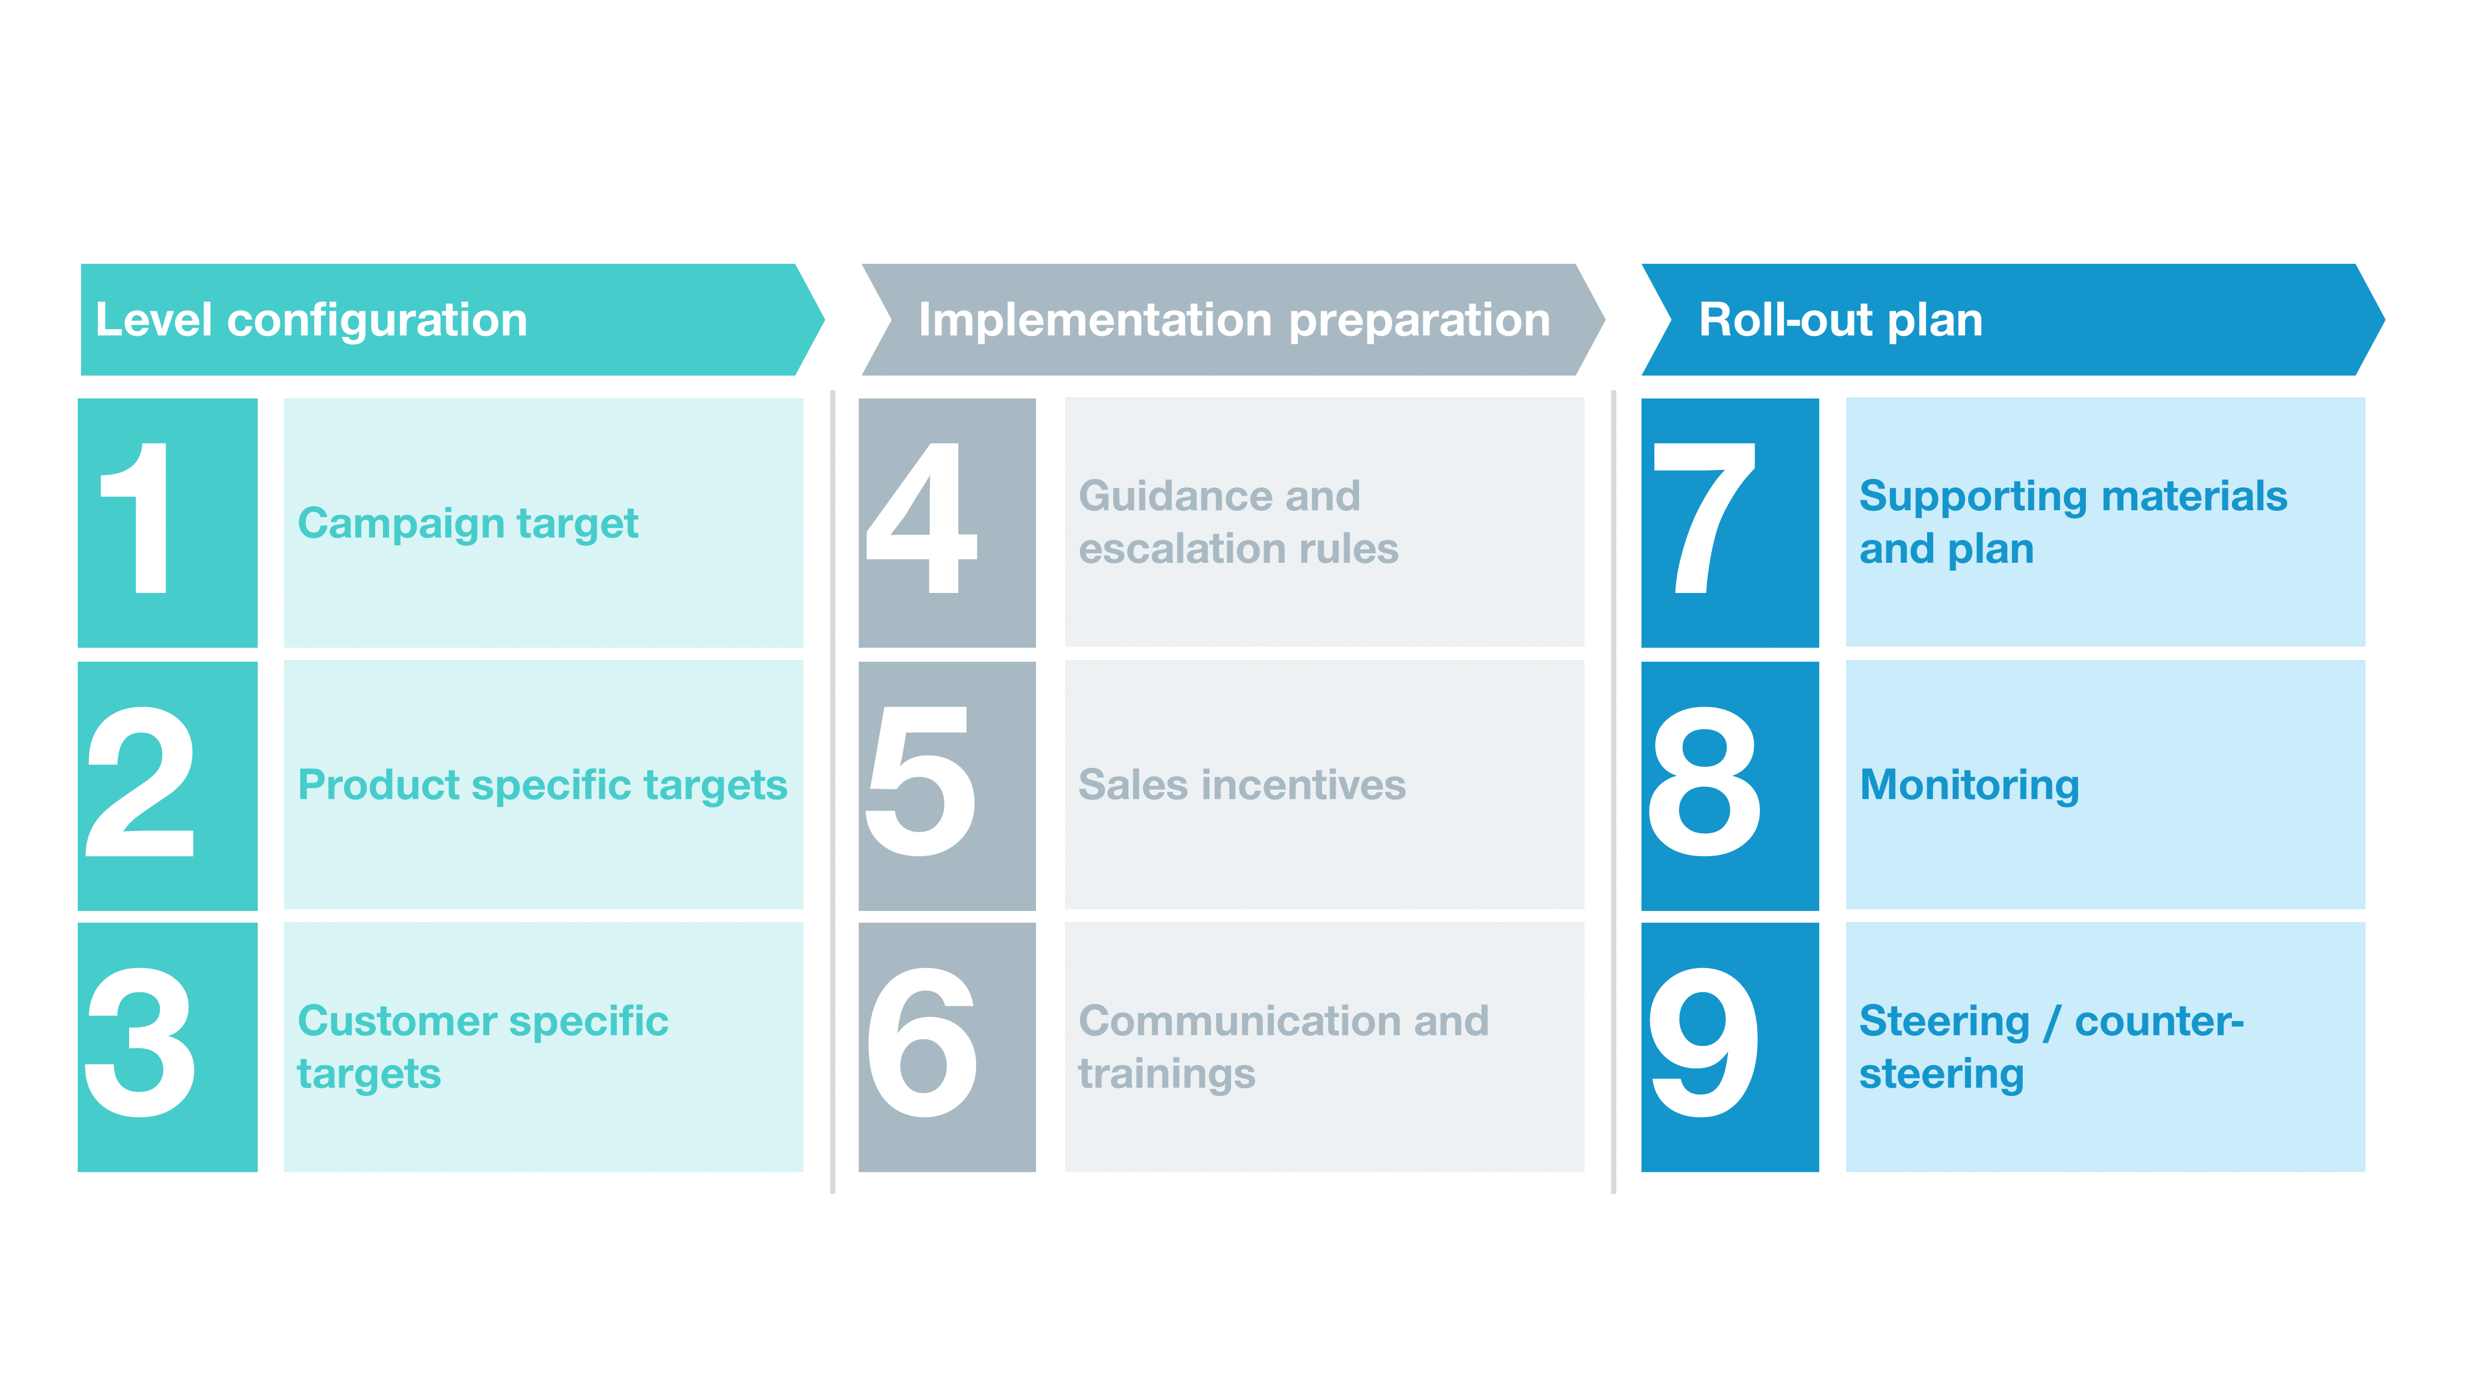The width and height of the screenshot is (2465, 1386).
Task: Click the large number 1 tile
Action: pos(168,522)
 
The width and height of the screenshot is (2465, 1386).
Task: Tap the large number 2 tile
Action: pos(168,785)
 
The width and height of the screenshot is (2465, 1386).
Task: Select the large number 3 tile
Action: pos(168,1046)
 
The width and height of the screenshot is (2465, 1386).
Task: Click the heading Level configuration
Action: pos(311,320)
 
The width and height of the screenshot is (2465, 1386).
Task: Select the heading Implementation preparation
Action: pos(1233,320)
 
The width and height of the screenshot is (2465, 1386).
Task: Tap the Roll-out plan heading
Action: pos(1840,320)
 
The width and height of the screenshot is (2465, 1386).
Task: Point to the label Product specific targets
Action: pos(542,785)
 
